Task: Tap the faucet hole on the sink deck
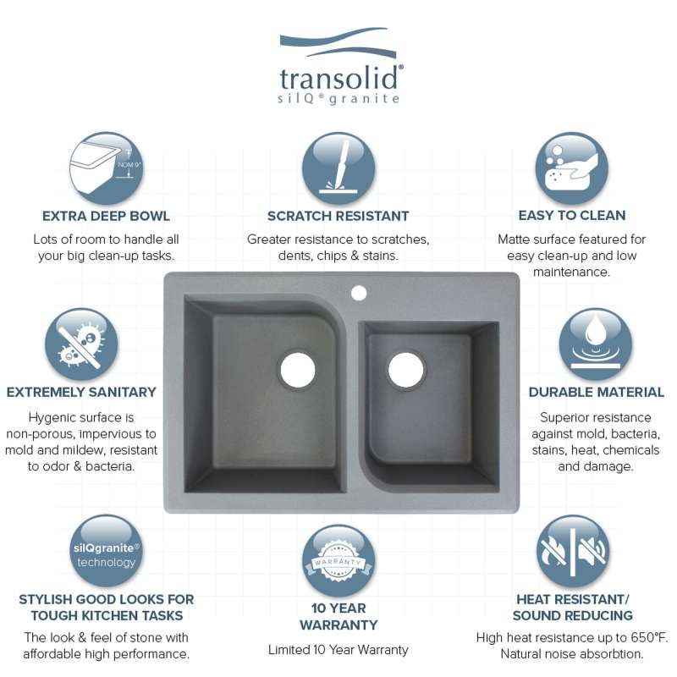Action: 359,293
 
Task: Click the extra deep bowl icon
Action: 106,168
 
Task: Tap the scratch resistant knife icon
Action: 338,168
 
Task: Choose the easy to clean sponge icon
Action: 572,168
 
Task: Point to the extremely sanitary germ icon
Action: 81,344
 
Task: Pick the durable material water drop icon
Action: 596,344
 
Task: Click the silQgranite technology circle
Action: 107,551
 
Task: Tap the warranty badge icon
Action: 338,560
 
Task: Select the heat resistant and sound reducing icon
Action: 573,551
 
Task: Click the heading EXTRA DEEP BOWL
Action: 106,216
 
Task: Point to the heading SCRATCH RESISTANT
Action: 338,216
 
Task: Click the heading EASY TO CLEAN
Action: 572,215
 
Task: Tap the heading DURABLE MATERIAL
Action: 597,392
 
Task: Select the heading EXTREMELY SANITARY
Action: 81,392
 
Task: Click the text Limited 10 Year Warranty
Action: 338,650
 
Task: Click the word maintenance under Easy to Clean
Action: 571,272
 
